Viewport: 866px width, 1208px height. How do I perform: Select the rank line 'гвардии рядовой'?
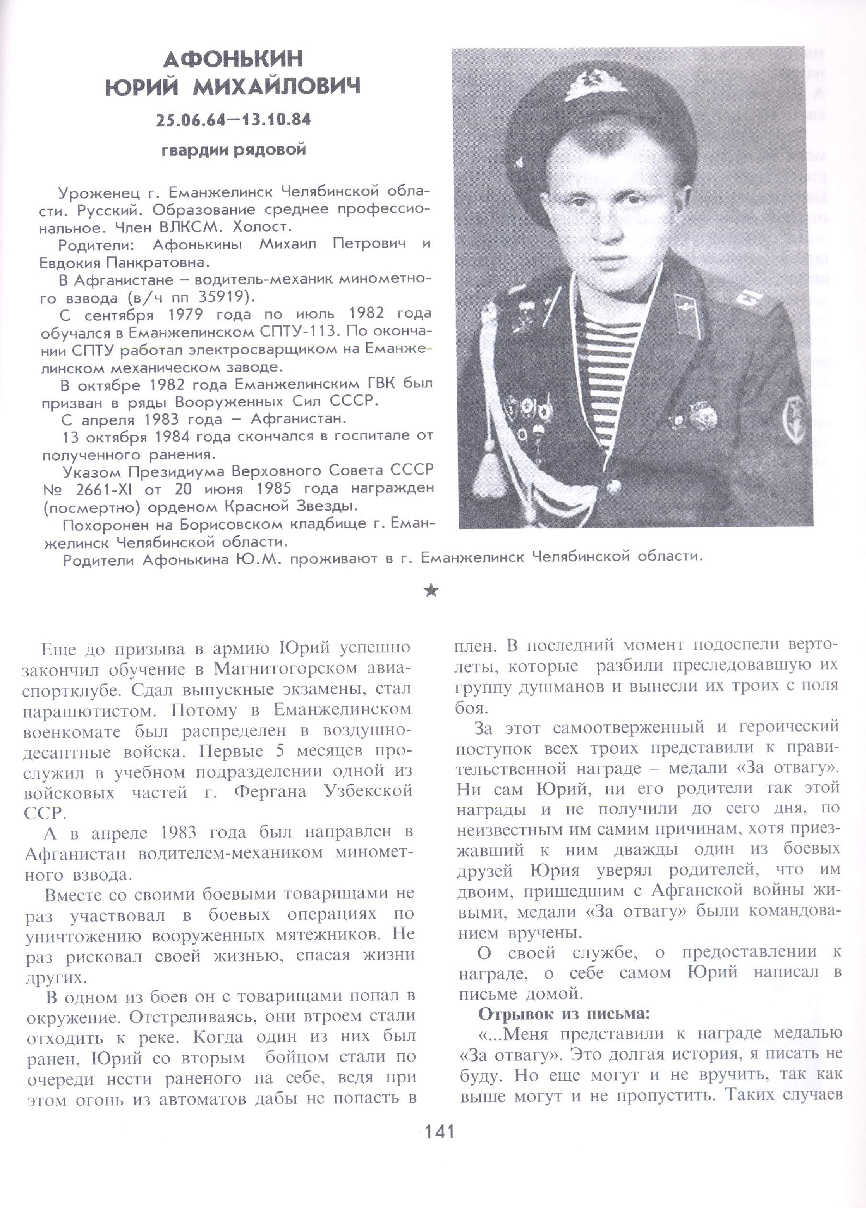pos(234,150)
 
